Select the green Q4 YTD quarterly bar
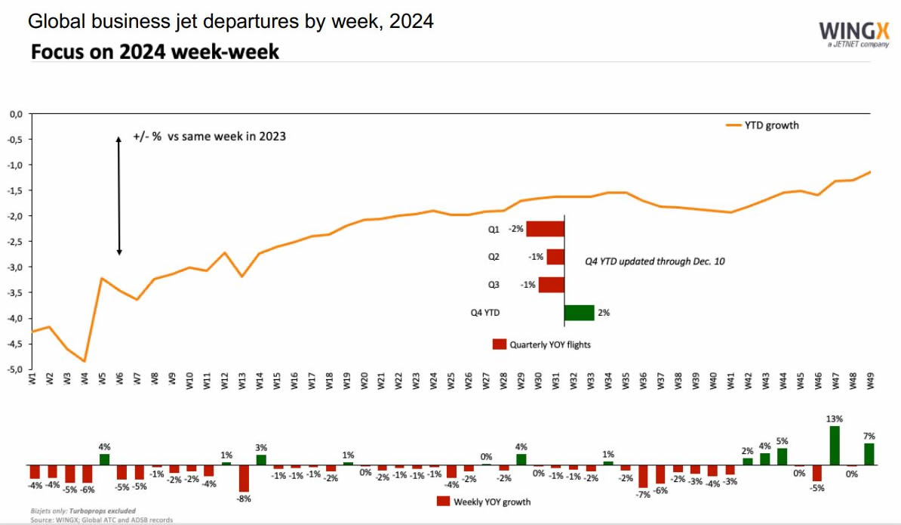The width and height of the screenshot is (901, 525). (579, 312)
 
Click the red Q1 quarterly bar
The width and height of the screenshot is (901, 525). (545, 229)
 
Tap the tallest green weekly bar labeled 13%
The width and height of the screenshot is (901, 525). (835, 446)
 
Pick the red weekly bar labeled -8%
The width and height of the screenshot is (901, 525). (244, 478)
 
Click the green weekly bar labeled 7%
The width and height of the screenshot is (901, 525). (869, 454)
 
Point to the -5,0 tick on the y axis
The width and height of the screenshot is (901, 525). (15, 369)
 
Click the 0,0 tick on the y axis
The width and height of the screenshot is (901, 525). (15, 114)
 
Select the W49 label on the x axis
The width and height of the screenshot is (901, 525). (871, 380)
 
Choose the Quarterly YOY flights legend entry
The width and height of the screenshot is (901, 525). (541, 344)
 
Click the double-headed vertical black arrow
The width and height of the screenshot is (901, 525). (118, 196)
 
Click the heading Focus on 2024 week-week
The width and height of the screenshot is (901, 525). (155, 52)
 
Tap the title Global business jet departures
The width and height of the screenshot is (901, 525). (231, 21)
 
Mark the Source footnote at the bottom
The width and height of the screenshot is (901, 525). (101, 520)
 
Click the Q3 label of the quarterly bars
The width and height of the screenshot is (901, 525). (494, 285)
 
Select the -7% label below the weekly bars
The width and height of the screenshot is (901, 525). (643, 494)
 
